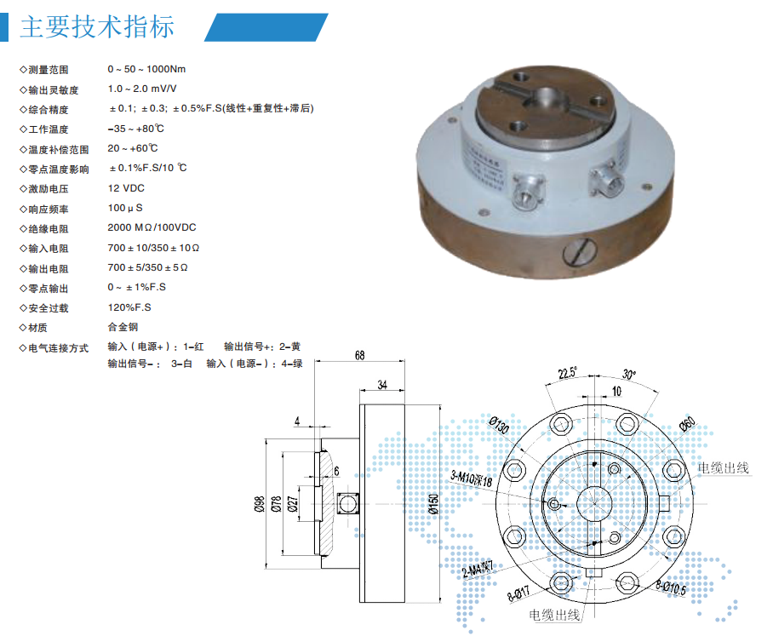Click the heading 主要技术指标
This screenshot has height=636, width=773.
pyautogui.click(x=97, y=26)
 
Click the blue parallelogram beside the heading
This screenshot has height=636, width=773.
pyautogui.click(x=266, y=27)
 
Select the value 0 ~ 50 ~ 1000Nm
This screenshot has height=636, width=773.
pyautogui.click(x=147, y=69)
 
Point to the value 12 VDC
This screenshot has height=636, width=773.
pyautogui.click(x=126, y=188)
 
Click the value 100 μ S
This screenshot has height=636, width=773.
pyautogui.click(x=125, y=208)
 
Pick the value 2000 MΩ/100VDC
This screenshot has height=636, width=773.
pyautogui.click(x=152, y=227)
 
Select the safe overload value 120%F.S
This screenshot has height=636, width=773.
pyautogui.click(x=129, y=307)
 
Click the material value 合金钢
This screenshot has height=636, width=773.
pyautogui.click(x=123, y=327)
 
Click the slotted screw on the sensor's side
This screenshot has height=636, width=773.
pyautogui.click(x=580, y=252)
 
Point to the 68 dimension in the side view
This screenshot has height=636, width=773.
pyautogui.click(x=360, y=355)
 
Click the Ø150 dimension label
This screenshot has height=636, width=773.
pyautogui.click(x=433, y=504)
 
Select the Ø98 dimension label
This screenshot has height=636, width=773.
pyautogui.click(x=260, y=504)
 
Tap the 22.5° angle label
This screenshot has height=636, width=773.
pyautogui.click(x=568, y=373)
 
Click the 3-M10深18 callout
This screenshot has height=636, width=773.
pyautogui.click(x=472, y=478)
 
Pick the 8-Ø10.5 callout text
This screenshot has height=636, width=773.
pyautogui.click(x=671, y=587)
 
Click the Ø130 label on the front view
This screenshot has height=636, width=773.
pyautogui.click(x=500, y=425)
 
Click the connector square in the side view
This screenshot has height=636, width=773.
pyautogui.click(x=347, y=504)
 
